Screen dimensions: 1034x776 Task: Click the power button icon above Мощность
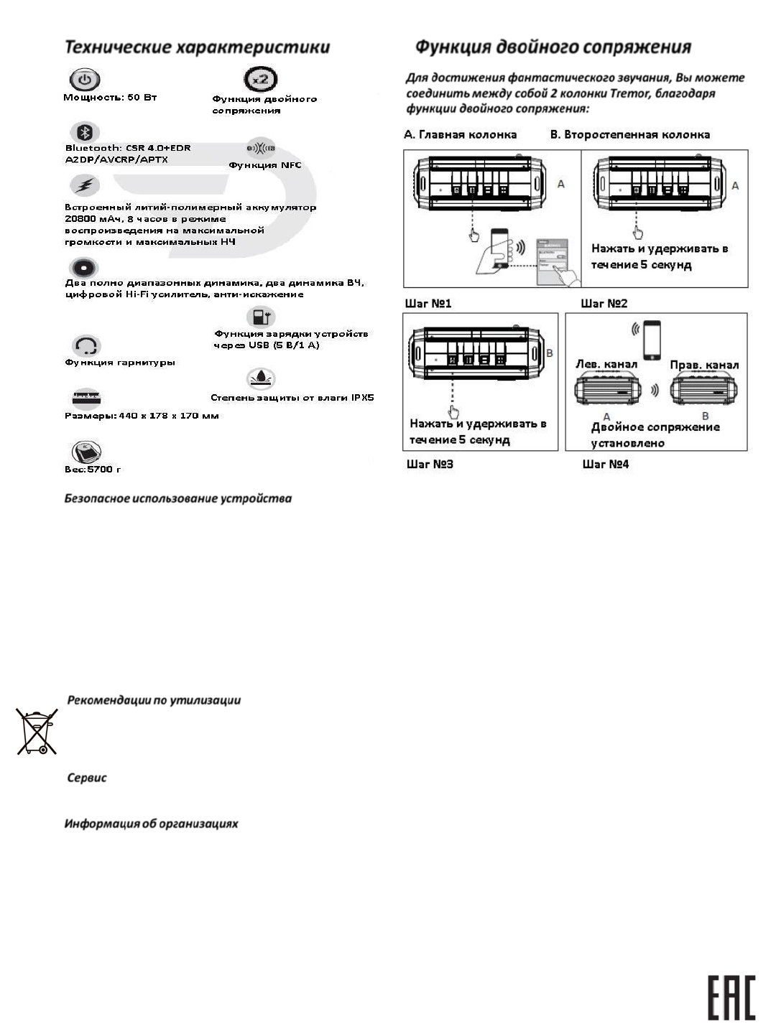pyautogui.click(x=85, y=80)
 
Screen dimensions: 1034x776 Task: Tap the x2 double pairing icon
pyautogui.click(x=261, y=79)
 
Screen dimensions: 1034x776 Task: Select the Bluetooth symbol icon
pyautogui.click(x=85, y=132)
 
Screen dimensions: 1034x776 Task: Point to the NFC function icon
pyautogui.click(x=261, y=149)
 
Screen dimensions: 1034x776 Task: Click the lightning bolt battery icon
pyautogui.click(x=85, y=185)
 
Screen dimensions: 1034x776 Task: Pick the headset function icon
pyautogui.click(x=86, y=346)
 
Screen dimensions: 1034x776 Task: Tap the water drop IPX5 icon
pyautogui.click(x=260, y=378)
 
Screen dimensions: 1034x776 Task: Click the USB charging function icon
pyautogui.click(x=260, y=317)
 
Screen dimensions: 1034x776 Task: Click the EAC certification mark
pyautogui.click(x=732, y=997)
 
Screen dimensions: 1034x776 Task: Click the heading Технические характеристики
pyautogui.click(x=198, y=47)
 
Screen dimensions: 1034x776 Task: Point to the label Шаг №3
pyautogui.click(x=430, y=464)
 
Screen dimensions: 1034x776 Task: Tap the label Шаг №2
pyautogui.click(x=604, y=304)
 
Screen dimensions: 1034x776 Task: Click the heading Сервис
pyautogui.click(x=87, y=778)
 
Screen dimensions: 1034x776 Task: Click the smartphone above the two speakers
pyautogui.click(x=652, y=340)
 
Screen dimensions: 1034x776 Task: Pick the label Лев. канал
pyautogui.click(x=606, y=364)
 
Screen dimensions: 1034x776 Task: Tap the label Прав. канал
pyautogui.click(x=704, y=365)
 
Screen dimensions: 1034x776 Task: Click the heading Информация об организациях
pyautogui.click(x=152, y=824)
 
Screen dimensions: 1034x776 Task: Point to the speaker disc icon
pyautogui.click(x=84, y=268)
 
